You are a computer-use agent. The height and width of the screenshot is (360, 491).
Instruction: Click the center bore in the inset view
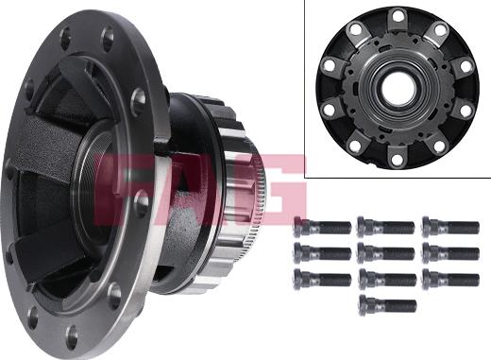398,86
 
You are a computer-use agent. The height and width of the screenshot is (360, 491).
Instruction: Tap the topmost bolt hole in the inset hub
398,15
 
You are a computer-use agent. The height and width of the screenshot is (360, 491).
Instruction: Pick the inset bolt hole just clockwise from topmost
439,29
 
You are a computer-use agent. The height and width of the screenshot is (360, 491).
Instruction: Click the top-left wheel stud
322,226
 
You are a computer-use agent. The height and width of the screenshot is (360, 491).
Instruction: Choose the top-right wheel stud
450,226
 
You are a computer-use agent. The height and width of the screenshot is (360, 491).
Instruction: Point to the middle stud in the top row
385,226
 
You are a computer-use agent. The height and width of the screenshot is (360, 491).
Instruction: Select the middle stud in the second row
385,252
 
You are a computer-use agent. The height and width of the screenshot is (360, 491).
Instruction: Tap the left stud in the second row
322,252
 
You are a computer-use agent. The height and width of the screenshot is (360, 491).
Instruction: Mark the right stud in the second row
450,252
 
